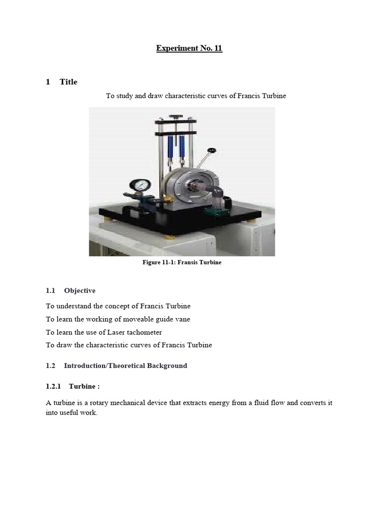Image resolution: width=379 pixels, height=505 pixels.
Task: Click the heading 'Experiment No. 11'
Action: [189, 48]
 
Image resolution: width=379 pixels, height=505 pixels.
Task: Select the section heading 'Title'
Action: [69, 82]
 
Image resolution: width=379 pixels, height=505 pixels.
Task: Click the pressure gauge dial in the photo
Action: [140, 186]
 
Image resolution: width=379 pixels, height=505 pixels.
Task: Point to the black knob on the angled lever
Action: [212, 150]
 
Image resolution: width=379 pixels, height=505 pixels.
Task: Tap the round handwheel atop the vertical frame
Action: [174, 117]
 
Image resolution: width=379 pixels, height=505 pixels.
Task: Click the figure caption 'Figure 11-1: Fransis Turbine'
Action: [182, 262]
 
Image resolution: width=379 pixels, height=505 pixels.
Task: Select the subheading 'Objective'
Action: [80, 290]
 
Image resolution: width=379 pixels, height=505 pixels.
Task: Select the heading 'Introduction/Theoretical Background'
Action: [126, 365]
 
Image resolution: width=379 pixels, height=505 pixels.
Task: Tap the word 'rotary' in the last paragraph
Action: [97, 403]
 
